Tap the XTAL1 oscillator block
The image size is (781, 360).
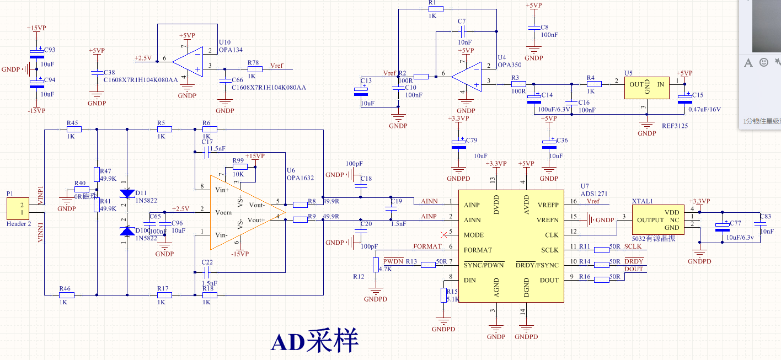[x=657, y=221]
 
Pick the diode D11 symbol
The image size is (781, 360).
[x=127, y=194]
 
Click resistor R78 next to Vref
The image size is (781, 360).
[x=254, y=69]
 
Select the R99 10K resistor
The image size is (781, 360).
[x=239, y=167]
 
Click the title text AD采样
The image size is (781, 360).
[x=314, y=341]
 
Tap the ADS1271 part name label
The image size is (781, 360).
[x=593, y=194]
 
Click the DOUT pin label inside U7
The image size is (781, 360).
[x=549, y=280]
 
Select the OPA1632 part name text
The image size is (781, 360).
[x=300, y=178]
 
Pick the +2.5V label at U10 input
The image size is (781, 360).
[x=143, y=58]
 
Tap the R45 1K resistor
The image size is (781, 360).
[x=74, y=130]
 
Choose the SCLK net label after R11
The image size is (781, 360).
[x=633, y=246]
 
